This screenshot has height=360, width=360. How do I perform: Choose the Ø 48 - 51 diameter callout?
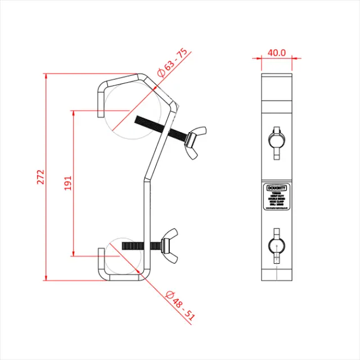(x=180, y=307)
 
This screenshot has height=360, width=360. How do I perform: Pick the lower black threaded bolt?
(x=141, y=245)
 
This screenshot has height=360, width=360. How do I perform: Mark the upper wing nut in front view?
(x=276, y=138)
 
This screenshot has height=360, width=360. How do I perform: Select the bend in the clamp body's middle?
(x=147, y=179)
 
